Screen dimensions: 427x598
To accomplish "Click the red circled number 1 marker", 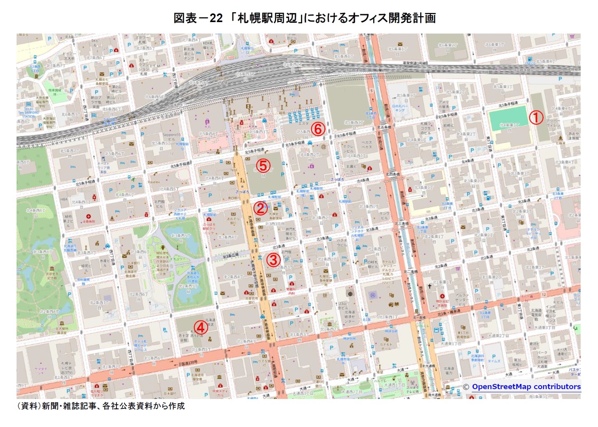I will click(536, 117).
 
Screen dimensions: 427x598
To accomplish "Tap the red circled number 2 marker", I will click(260, 208).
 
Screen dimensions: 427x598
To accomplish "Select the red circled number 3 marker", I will click(273, 260).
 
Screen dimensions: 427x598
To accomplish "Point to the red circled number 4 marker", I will click(200, 327).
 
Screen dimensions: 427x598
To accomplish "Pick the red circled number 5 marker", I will click(263, 165).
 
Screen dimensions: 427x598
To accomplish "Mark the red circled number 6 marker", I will click(318, 128).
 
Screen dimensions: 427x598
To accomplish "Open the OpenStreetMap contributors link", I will click(526, 387).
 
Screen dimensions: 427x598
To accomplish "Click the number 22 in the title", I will click(216, 18).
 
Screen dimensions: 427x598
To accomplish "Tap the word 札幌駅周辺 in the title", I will click(267, 18).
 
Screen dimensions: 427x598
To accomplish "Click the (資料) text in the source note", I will click(28, 406).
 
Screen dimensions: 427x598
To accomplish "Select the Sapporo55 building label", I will click(171, 137).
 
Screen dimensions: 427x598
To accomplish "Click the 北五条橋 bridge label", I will click(384, 127).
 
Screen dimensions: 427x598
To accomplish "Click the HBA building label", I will click(64, 200).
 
